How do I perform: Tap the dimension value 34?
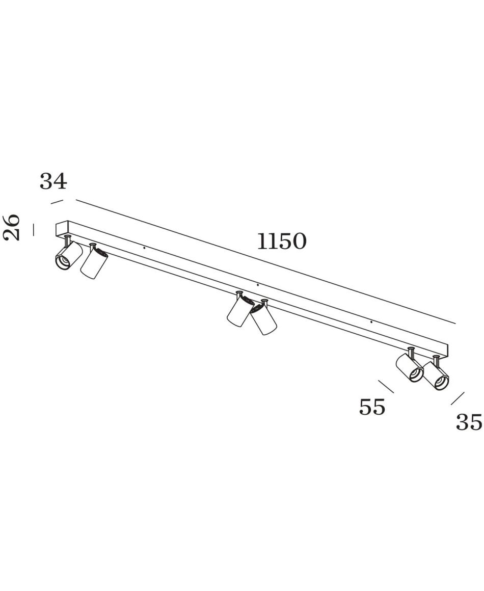pyautogui.click(x=53, y=181)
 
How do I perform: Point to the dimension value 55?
pyautogui.click(x=372, y=407)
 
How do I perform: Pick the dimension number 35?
pyautogui.click(x=469, y=422)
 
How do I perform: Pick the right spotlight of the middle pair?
pyautogui.click(x=263, y=317)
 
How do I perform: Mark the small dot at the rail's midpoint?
pyautogui.click(x=257, y=285)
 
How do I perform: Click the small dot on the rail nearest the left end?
pyautogui.click(x=144, y=249)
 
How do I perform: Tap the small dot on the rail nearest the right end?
pyautogui.click(x=371, y=323)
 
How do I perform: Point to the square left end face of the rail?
pyautogui.click(x=62, y=229)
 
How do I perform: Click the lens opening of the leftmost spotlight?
pyautogui.click(x=63, y=261)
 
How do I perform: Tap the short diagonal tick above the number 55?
pyautogui.click(x=386, y=387)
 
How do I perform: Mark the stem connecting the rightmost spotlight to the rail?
pyautogui.click(x=437, y=360)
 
